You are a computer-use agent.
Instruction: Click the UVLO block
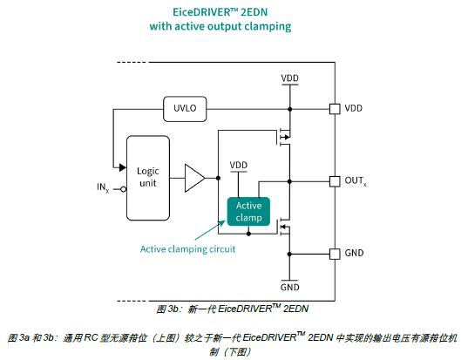click(185, 109)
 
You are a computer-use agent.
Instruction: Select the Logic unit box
click(148, 178)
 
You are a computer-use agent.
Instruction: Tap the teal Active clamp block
click(248, 212)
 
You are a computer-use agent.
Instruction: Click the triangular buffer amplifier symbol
click(194, 178)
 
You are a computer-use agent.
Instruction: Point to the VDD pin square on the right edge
click(335, 109)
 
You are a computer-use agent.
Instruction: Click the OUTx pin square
click(335, 181)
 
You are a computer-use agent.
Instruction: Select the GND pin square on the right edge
click(335, 254)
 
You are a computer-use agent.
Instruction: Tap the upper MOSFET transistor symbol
click(284, 137)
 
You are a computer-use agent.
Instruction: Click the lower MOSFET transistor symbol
click(284, 227)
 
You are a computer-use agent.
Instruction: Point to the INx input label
click(103, 187)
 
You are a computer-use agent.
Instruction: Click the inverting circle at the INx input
click(123, 189)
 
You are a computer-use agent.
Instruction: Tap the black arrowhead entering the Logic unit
click(122, 167)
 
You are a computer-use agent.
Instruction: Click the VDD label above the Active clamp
click(239, 165)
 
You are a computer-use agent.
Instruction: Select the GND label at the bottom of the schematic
click(289, 287)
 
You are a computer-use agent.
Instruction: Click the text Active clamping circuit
click(187, 249)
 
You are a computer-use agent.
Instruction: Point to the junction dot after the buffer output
click(218, 178)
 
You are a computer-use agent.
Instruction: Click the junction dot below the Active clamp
click(248, 234)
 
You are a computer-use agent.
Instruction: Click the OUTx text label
click(356, 181)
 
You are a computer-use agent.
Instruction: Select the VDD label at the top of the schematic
click(289, 78)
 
